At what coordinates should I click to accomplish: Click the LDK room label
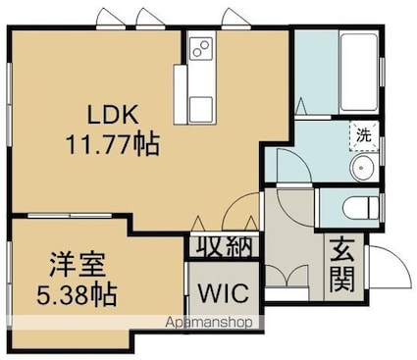tap(113, 114)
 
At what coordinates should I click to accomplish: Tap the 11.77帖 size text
tap(113, 144)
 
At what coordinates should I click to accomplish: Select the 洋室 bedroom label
tap(78, 265)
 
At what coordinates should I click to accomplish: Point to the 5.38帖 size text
tap(77, 294)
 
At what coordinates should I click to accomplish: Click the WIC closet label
tap(224, 292)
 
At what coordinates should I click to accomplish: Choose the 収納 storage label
tap(224, 245)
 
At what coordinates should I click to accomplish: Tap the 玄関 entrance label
tap(342, 265)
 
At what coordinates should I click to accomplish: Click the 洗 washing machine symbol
tap(364, 135)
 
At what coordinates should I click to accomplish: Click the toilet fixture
tap(361, 207)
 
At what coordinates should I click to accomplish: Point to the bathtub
tap(359, 72)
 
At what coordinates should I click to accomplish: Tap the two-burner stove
tap(201, 48)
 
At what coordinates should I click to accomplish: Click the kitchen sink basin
tap(201, 109)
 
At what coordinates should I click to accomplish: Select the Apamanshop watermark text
tap(209, 323)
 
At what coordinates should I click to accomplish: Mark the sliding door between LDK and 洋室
tap(70, 216)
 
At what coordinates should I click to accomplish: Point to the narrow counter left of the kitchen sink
tap(180, 94)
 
